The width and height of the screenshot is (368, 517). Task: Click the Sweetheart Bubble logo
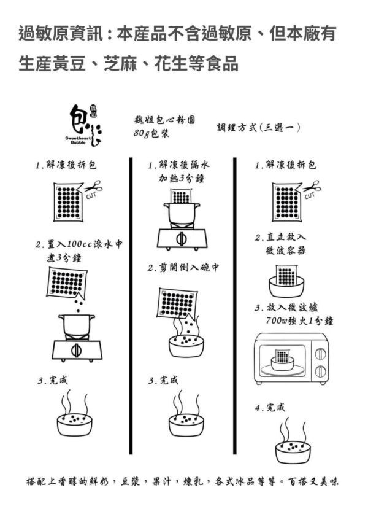click(85, 125)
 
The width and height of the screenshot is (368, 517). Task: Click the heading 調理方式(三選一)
click(258, 127)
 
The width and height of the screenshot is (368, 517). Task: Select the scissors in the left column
click(93, 186)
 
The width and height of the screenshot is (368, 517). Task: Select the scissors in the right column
click(312, 186)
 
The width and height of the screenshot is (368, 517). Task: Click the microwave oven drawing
click(291, 359)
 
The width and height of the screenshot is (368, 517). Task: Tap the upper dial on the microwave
click(320, 354)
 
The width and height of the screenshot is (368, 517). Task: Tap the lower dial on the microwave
click(320, 371)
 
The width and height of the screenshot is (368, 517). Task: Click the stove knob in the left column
click(77, 350)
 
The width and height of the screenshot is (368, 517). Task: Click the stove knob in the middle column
click(182, 238)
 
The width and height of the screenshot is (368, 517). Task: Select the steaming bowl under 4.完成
click(293, 440)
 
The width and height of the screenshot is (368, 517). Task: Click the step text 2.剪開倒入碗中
click(183, 267)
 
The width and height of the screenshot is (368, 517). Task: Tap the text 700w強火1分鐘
click(299, 321)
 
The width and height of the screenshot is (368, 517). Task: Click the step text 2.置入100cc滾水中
click(79, 244)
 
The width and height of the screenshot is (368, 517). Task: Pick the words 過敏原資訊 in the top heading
click(61, 34)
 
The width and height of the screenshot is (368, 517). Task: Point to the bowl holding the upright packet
click(286, 287)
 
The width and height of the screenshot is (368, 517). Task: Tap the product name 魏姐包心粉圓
click(164, 120)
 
